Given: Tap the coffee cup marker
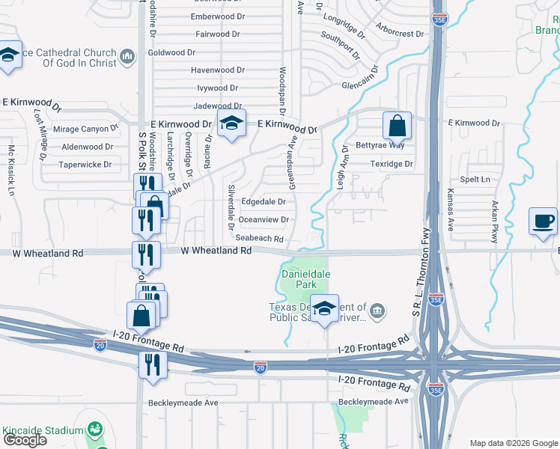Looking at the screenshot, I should pyautogui.click(x=544, y=221).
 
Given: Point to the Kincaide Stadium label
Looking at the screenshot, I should pyautogui.click(x=42, y=430).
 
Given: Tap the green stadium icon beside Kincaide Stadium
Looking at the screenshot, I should pyautogui.click(x=94, y=430).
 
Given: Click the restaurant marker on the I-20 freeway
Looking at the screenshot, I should pyautogui.click(x=153, y=365).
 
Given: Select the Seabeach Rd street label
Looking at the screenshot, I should pyautogui.click(x=259, y=239).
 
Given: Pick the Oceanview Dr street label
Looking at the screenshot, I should pyautogui.click(x=263, y=219).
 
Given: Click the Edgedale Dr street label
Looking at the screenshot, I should pyautogui.click(x=263, y=201).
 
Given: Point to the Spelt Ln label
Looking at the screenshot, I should pyautogui.click(x=475, y=180).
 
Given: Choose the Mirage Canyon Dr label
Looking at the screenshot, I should pyautogui.click(x=88, y=129).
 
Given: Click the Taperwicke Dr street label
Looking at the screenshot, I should pyautogui.click(x=85, y=164).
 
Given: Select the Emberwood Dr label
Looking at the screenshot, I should pyautogui.click(x=219, y=16).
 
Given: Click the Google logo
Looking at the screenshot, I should pyautogui.click(x=25, y=440).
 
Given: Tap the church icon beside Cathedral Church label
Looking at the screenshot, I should pyautogui.click(x=127, y=56).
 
